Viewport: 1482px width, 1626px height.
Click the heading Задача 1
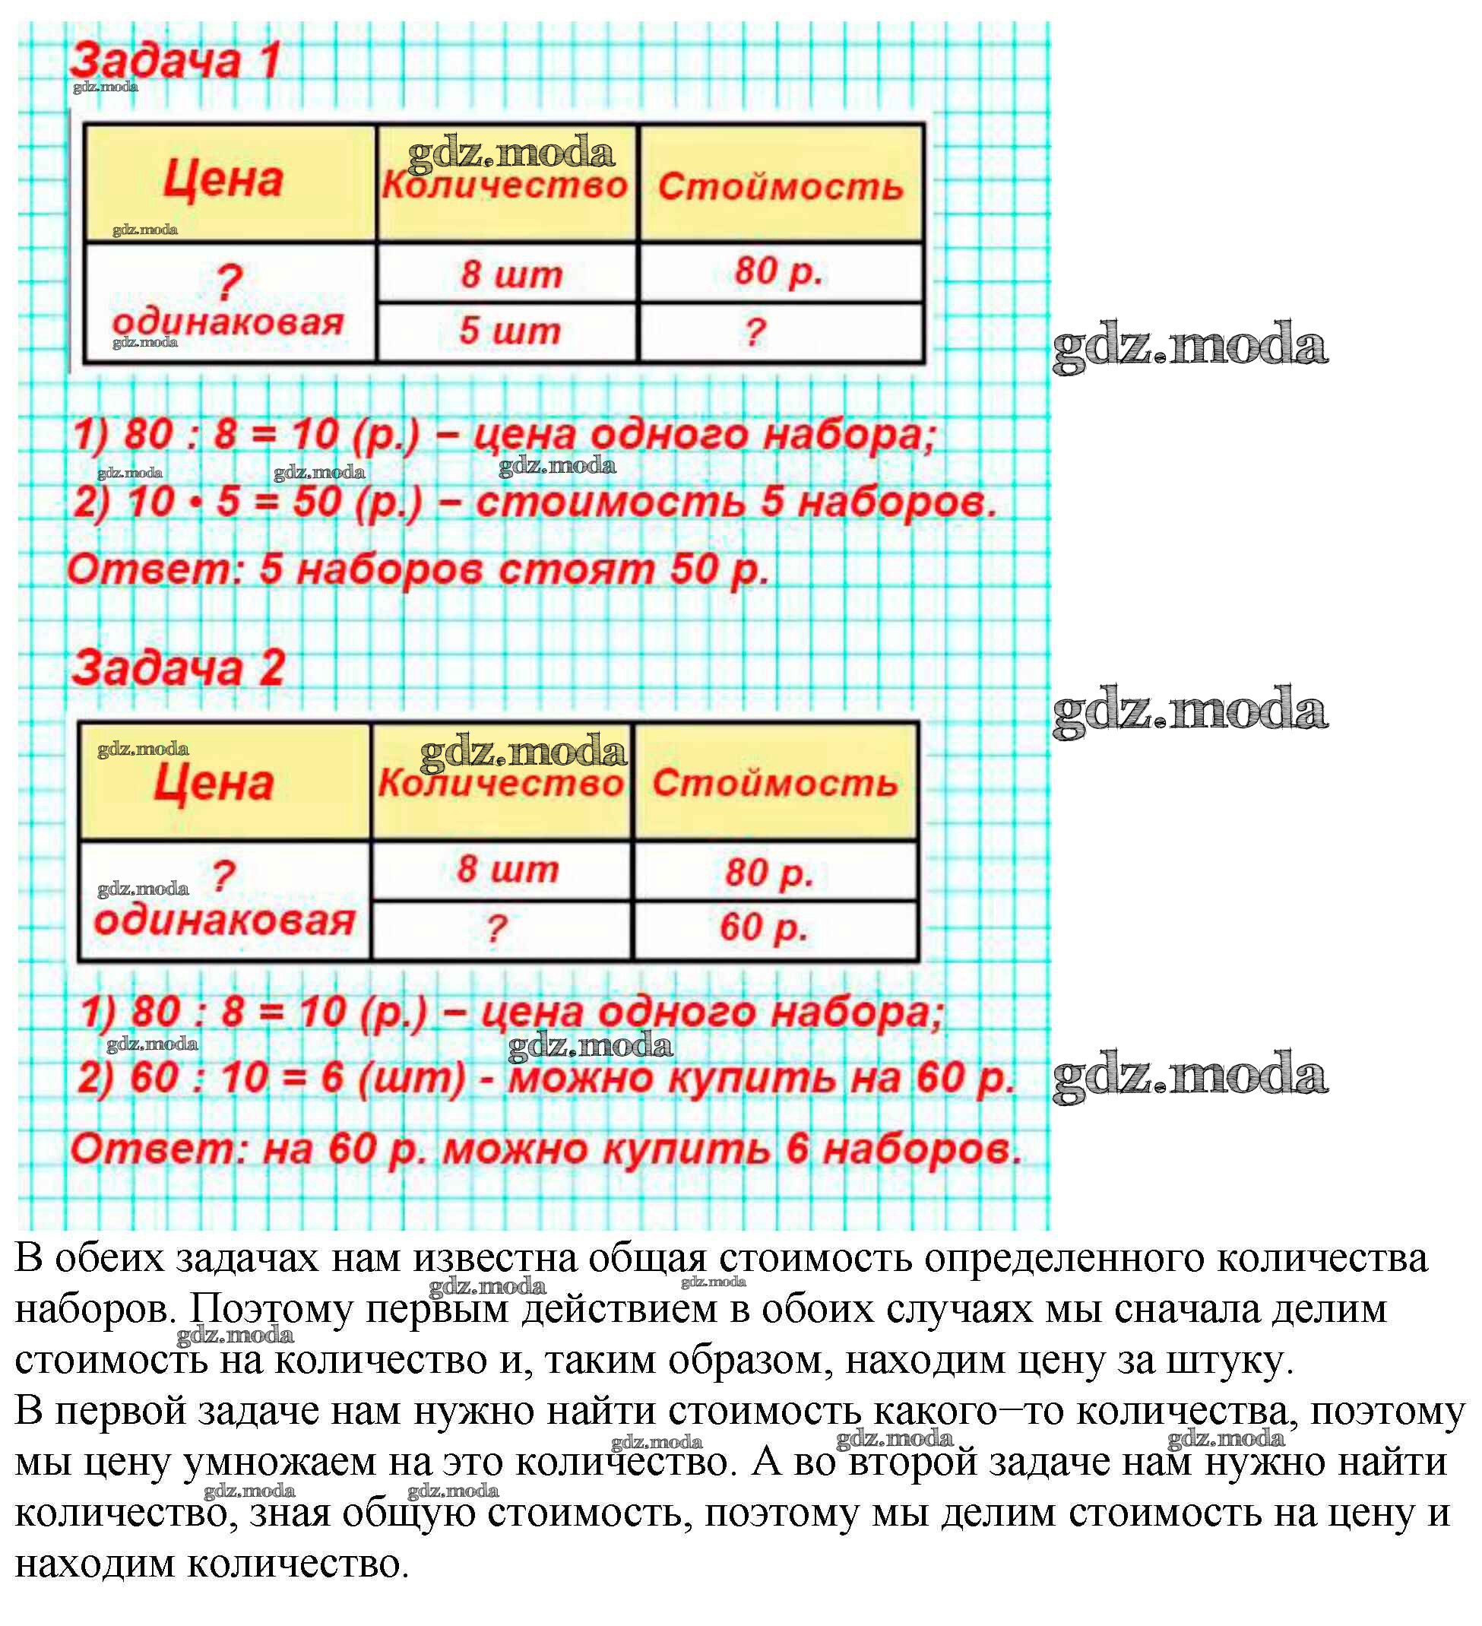click(x=175, y=62)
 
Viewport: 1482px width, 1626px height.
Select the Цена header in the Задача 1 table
click(x=223, y=179)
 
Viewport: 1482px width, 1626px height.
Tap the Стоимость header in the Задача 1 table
click(x=780, y=187)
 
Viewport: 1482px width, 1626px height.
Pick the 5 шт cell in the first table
click(x=508, y=331)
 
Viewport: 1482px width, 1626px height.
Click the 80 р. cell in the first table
click(x=778, y=272)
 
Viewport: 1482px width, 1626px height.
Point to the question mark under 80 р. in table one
click(x=754, y=331)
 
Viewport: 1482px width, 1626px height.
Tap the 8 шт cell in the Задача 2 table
click(x=507, y=870)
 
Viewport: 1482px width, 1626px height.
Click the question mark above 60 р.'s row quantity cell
click(x=496, y=929)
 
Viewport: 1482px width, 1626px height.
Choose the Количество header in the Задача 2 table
click(x=501, y=783)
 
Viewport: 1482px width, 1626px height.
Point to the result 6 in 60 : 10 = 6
click(x=332, y=1078)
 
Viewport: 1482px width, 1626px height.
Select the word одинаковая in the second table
click(x=224, y=921)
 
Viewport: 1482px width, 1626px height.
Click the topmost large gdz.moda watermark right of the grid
click(x=1190, y=345)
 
